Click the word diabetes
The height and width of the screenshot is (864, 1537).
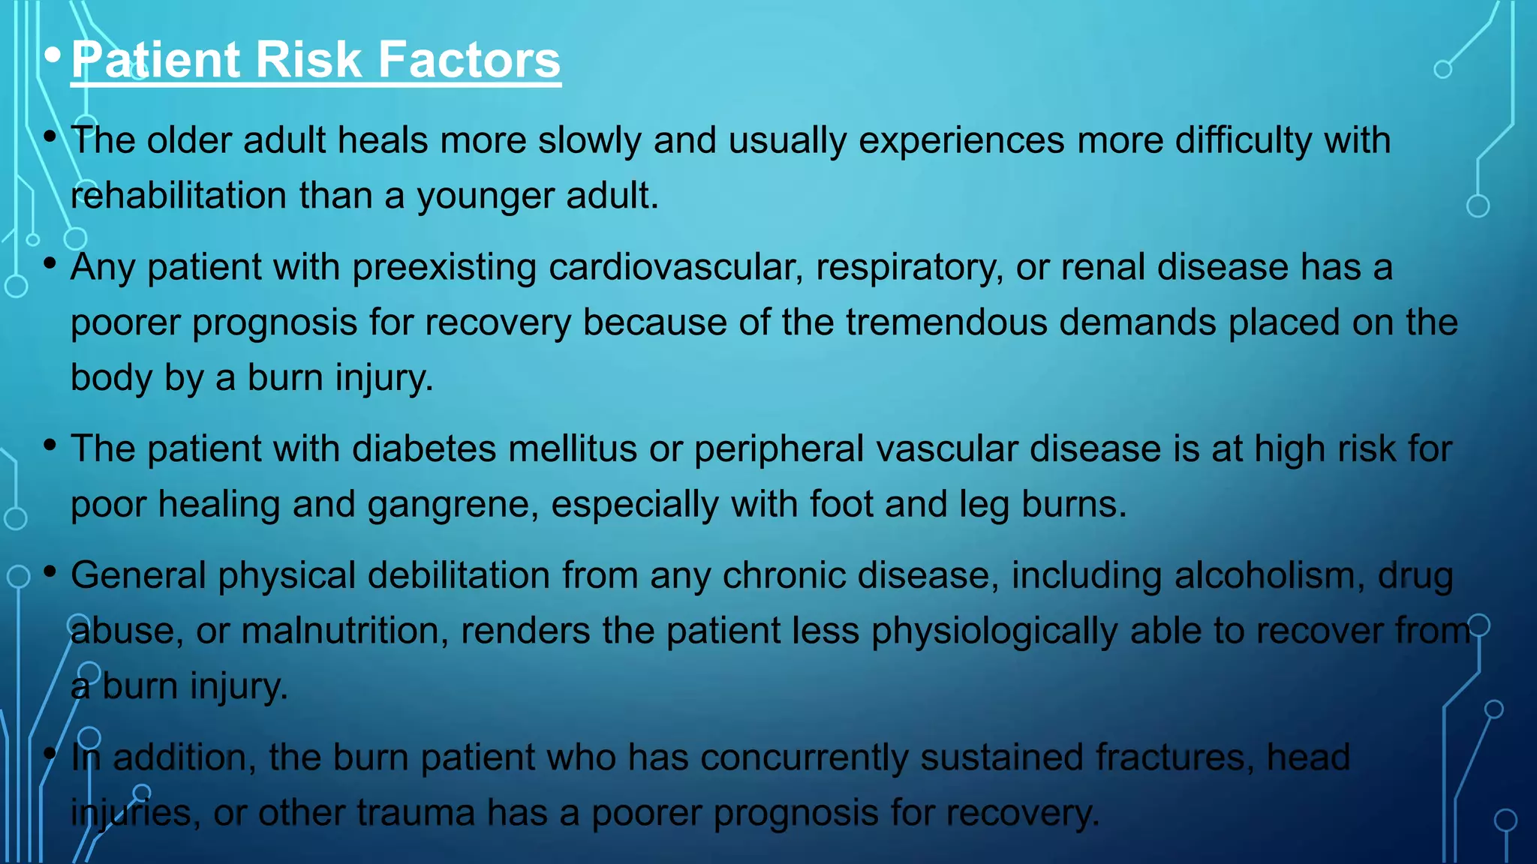click(424, 449)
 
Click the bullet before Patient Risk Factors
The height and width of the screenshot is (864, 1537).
click(52, 55)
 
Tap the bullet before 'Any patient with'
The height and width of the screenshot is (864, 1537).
click(50, 263)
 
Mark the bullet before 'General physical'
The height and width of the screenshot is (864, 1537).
click(50, 572)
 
